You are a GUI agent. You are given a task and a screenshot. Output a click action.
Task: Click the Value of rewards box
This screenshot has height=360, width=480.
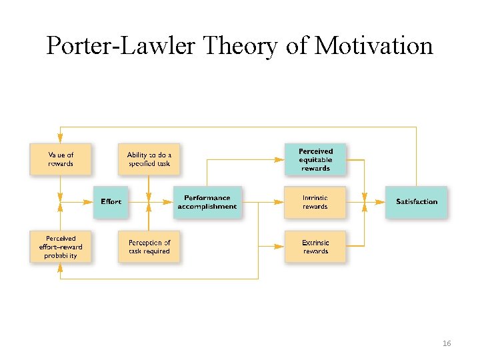pos(61,159)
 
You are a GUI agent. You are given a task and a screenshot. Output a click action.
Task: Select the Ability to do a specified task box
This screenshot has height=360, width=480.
pos(149,159)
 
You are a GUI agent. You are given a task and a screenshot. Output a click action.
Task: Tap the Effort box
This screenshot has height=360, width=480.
pos(111,201)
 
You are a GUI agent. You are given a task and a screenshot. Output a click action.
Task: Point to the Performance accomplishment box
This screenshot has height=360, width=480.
pos(207,201)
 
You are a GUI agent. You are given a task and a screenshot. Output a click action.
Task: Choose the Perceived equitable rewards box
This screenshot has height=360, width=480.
pos(315,159)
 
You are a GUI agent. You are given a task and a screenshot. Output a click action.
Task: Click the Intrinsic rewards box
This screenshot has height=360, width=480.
pos(315,202)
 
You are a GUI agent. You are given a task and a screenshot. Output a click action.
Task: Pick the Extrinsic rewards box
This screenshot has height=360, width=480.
pos(315,247)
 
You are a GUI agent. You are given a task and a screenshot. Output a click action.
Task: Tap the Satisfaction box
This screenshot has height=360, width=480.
pos(416,201)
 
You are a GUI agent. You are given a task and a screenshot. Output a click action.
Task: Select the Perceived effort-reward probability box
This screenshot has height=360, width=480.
pos(61,247)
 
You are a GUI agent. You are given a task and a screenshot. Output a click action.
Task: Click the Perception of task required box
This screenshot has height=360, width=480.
pos(149,247)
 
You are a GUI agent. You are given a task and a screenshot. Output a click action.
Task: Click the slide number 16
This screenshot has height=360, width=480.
pos(447,343)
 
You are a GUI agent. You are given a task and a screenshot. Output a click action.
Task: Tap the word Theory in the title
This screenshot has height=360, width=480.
pos(236,45)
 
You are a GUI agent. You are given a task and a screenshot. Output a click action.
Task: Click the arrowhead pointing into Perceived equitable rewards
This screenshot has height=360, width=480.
pos(280,159)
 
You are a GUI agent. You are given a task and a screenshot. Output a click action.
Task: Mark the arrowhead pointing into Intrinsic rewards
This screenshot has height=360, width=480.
pos(280,202)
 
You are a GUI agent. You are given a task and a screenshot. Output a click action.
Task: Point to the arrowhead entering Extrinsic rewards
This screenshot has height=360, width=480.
pos(280,247)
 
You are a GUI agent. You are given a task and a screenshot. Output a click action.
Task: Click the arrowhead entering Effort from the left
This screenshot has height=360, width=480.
pos(89,201)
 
